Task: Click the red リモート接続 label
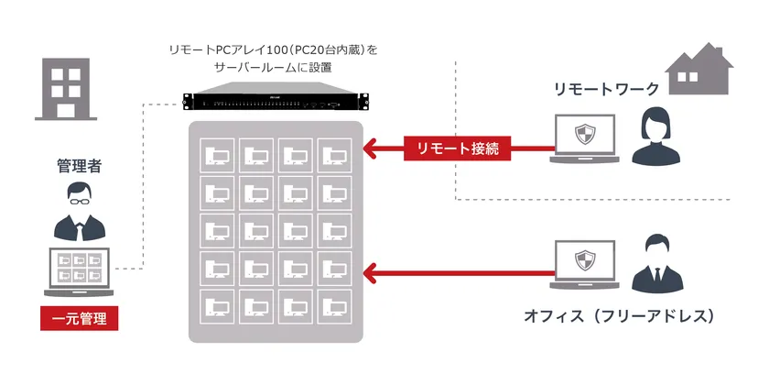click(x=457, y=148)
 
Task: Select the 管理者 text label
click(x=79, y=167)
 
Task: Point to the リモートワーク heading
click(x=606, y=89)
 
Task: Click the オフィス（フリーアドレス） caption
click(x=618, y=316)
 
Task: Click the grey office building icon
click(x=65, y=88)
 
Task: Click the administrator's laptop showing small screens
click(x=79, y=271)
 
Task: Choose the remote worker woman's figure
click(x=656, y=137)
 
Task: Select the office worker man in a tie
click(x=656, y=261)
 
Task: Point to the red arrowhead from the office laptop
click(x=371, y=271)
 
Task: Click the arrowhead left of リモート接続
click(x=371, y=148)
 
